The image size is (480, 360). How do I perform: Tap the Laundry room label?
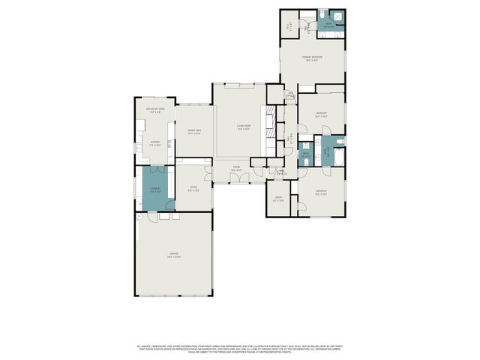(x=156, y=190)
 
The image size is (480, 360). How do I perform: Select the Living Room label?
(x=243, y=127)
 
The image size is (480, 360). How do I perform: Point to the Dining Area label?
(x=193, y=132)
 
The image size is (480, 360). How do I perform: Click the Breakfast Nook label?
(x=155, y=111)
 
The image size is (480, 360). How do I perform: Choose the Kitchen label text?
(x=155, y=143)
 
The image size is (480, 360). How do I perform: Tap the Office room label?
(x=193, y=189)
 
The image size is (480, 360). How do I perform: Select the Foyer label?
(x=236, y=169)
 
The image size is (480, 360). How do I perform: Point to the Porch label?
(x=278, y=199)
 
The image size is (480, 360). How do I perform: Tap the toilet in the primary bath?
(x=320, y=15)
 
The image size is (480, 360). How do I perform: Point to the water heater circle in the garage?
(x=139, y=215)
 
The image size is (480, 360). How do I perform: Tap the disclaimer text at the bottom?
(x=239, y=349)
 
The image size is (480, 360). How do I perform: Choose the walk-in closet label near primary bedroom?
(x=289, y=25)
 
